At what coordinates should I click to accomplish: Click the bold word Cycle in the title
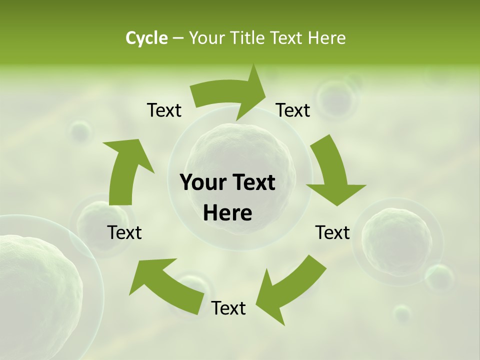(146, 38)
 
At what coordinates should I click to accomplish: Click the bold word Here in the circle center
(227, 213)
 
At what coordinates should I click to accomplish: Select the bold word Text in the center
(252, 183)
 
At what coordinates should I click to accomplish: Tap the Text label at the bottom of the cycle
(228, 308)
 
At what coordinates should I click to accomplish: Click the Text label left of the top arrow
(164, 110)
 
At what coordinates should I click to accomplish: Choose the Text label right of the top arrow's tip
(293, 110)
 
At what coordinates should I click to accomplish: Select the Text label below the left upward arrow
(124, 232)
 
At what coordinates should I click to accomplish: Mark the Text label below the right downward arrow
(332, 232)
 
